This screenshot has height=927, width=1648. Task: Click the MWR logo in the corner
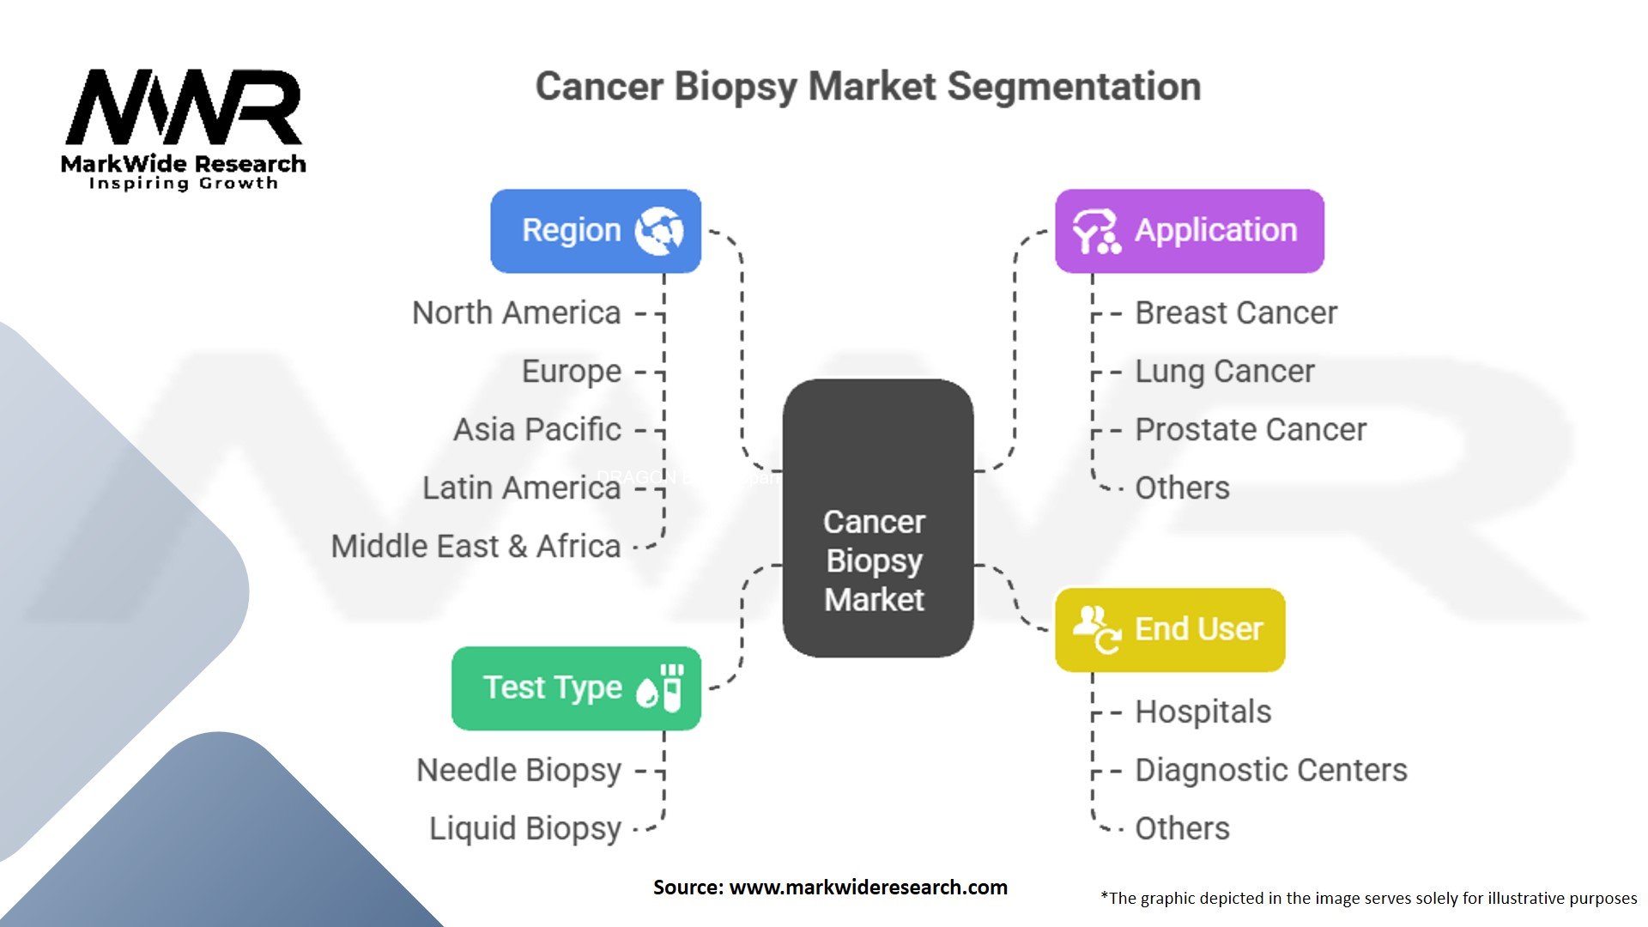[184, 129]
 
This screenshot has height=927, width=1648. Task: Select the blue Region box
[595, 231]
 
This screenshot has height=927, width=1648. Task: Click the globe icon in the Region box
[658, 231]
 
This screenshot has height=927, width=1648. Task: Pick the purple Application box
[1189, 231]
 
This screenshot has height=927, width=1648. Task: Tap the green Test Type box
[576, 688]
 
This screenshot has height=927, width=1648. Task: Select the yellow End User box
[1169, 629]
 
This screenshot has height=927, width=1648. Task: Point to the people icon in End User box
[1096, 629]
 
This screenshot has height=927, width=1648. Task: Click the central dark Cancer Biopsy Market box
[877, 518]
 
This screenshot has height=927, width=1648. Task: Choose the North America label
[516, 313]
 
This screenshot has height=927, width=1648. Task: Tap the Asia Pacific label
[536, 429]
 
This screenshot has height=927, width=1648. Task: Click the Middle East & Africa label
[476, 546]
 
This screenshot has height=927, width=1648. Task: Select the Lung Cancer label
[1224, 372]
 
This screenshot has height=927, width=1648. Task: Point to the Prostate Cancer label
[1250, 429]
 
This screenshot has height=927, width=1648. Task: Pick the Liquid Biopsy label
[524, 828]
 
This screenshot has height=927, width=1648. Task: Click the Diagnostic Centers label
[1270, 770]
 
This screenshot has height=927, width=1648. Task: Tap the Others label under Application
[1182, 488]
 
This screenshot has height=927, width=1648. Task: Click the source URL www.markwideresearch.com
[868, 888]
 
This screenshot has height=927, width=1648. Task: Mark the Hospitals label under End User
[1203, 712]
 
